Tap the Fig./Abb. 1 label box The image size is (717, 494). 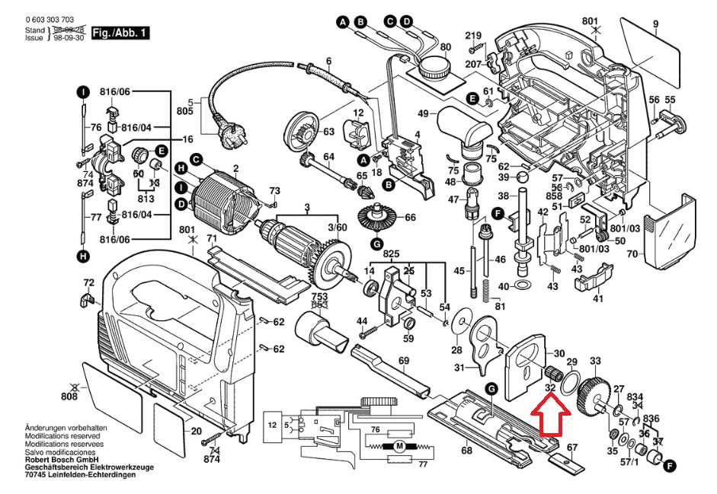tap(120, 33)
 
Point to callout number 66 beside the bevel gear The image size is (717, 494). tap(410, 218)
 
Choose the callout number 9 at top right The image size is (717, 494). tap(655, 25)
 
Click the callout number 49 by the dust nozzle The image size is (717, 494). tap(421, 114)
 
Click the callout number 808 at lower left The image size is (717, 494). tap(70, 397)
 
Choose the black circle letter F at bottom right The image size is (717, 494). tap(670, 466)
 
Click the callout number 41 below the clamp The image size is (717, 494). tap(598, 298)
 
